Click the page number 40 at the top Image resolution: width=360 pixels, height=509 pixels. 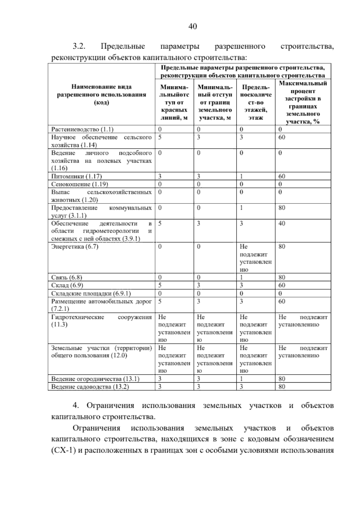[x=193, y=27]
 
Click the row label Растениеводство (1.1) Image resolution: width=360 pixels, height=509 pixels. [x=82, y=130]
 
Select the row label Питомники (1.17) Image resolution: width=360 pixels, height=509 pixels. [x=79, y=176]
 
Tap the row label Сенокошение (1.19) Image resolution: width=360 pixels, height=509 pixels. [x=79, y=184]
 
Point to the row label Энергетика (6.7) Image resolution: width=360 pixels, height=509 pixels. [x=75, y=247]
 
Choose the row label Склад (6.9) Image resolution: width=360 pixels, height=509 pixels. [x=67, y=285]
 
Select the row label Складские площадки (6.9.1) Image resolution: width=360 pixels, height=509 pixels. [x=91, y=293]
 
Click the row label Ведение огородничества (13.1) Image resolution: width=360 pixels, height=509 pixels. [x=95, y=379]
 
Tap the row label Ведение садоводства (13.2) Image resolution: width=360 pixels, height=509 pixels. [x=90, y=387]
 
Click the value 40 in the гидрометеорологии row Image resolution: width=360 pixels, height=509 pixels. [x=282, y=224]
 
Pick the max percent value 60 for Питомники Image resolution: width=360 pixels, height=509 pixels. [x=282, y=176]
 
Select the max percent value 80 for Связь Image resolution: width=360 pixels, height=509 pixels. [x=282, y=277]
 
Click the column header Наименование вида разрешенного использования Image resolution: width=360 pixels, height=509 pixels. [x=101, y=95]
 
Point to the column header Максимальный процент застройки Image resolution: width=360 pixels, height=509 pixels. [x=303, y=102]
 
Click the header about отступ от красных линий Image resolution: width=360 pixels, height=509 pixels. [x=174, y=102]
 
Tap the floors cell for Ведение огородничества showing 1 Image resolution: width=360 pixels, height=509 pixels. [x=241, y=379]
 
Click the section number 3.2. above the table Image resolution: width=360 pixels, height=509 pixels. [x=79, y=47]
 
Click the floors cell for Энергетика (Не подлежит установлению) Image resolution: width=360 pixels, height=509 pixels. [x=256, y=258]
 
